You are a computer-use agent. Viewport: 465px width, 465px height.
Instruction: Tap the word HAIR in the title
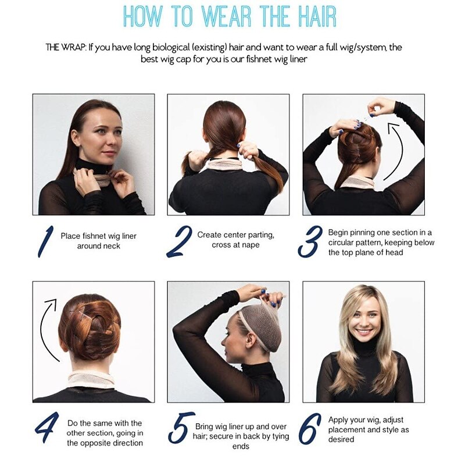pos(317,16)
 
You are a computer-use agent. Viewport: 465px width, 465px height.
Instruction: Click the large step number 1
pos(45,241)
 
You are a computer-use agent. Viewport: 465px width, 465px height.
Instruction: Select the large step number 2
pos(179,241)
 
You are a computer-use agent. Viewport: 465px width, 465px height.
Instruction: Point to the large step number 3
pos(310,241)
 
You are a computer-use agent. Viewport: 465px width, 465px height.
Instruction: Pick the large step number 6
pos(310,429)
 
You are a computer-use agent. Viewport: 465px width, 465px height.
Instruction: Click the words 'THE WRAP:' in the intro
pos(66,47)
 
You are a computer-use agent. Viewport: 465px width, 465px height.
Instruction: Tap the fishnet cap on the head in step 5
pos(259,326)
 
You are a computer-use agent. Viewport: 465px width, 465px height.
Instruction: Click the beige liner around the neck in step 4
pos(91,381)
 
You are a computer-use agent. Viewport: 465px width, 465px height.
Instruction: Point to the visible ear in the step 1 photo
pos(76,138)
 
